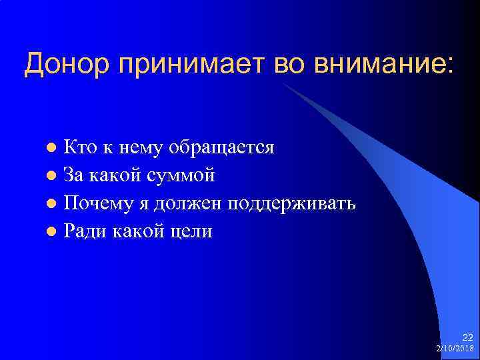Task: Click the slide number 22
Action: point(467,337)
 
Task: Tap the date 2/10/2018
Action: point(455,348)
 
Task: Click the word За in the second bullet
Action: point(73,175)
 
